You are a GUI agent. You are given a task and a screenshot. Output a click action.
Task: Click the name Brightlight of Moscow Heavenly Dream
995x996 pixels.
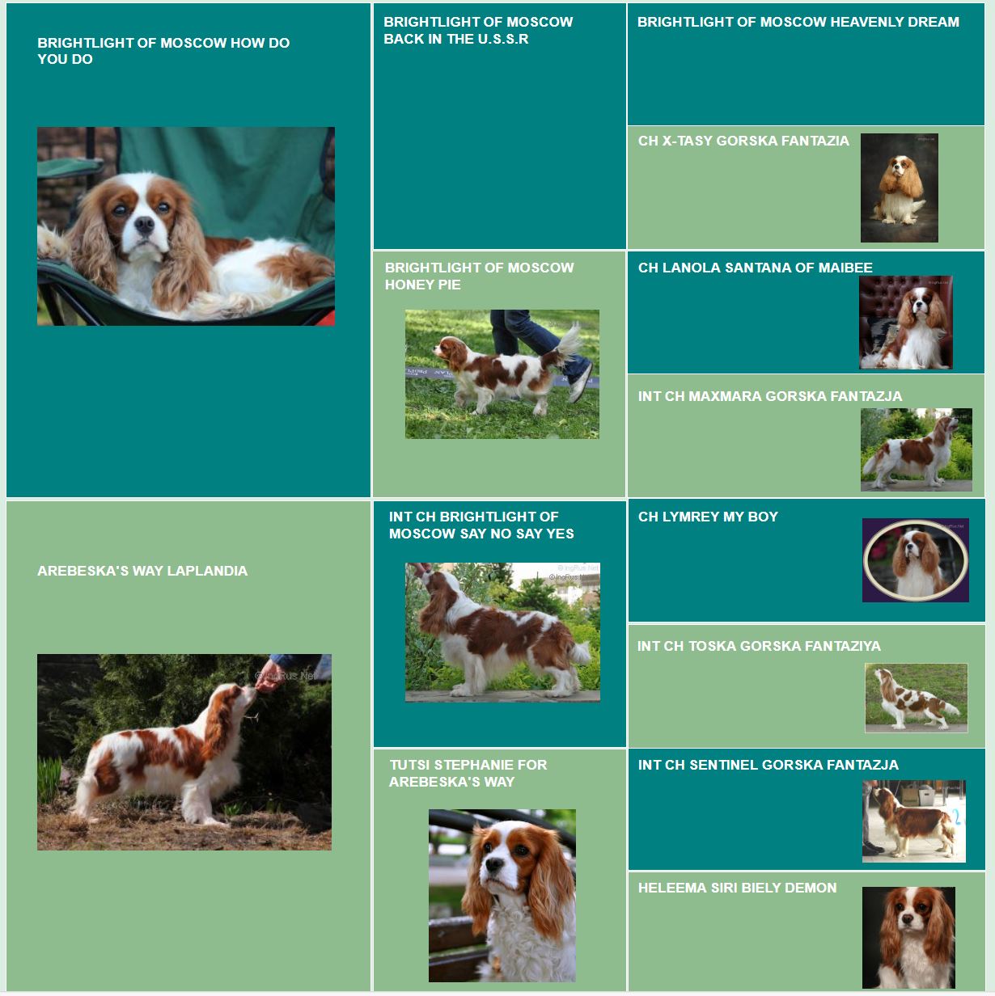(x=798, y=22)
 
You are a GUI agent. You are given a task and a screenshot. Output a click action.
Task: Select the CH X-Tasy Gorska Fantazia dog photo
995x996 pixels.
(x=900, y=188)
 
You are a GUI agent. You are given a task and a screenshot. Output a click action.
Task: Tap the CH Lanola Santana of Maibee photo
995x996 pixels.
(x=905, y=322)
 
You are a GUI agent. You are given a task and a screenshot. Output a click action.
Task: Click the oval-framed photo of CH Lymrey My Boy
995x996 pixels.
(x=915, y=560)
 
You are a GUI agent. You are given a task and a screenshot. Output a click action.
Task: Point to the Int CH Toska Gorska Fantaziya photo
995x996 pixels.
(x=916, y=698)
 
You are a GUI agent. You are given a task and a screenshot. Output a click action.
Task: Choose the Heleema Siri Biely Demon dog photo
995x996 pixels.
(x=908, y=938)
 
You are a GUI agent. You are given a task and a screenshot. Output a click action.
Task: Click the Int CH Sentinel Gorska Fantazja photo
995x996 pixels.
(x=914, y=821)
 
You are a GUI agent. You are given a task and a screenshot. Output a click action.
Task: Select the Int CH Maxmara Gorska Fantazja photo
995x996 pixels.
(x=917, y=449)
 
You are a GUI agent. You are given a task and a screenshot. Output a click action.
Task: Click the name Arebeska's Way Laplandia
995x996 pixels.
(x=142, y=571)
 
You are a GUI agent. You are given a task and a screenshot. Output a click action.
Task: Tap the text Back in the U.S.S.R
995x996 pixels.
(x=456, y=39)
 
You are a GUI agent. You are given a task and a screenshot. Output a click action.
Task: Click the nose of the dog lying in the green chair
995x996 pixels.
(x=144, y=225)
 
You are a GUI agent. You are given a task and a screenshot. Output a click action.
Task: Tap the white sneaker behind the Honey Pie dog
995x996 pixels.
(x=580, y=382)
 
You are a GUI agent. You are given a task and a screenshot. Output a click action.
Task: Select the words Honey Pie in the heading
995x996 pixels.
(x=423, y=285)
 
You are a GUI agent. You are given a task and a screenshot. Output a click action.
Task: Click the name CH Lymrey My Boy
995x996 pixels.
(x=708, y=517)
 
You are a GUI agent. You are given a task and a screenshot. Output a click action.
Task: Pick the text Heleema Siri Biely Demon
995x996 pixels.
(x=737, y=888)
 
